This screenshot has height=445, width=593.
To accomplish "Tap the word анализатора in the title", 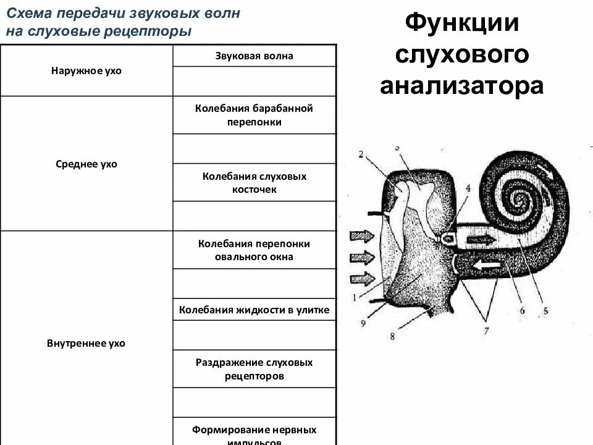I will [461, 85].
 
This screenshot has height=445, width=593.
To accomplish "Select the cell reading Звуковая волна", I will [254, 56].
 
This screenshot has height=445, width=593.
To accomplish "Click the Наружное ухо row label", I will [86, 70].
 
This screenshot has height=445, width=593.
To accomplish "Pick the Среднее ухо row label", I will [86, 164].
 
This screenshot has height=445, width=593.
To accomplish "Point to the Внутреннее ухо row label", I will [86, 343].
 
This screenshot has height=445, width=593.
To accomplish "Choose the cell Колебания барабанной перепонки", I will [254, 115].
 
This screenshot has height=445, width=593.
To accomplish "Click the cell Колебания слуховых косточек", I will [254, 183].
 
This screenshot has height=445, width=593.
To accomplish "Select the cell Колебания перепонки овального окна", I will [254, 250].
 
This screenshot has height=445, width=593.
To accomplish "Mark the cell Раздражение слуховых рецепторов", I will [254, 368].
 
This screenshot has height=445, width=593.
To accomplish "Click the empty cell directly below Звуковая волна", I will [254, 81].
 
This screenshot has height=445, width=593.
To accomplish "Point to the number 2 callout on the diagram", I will [361, 155].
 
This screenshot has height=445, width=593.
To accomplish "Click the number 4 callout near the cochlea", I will [468, 188].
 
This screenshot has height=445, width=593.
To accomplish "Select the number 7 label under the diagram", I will [486, 331].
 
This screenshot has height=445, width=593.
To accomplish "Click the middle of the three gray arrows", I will [363, 256].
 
